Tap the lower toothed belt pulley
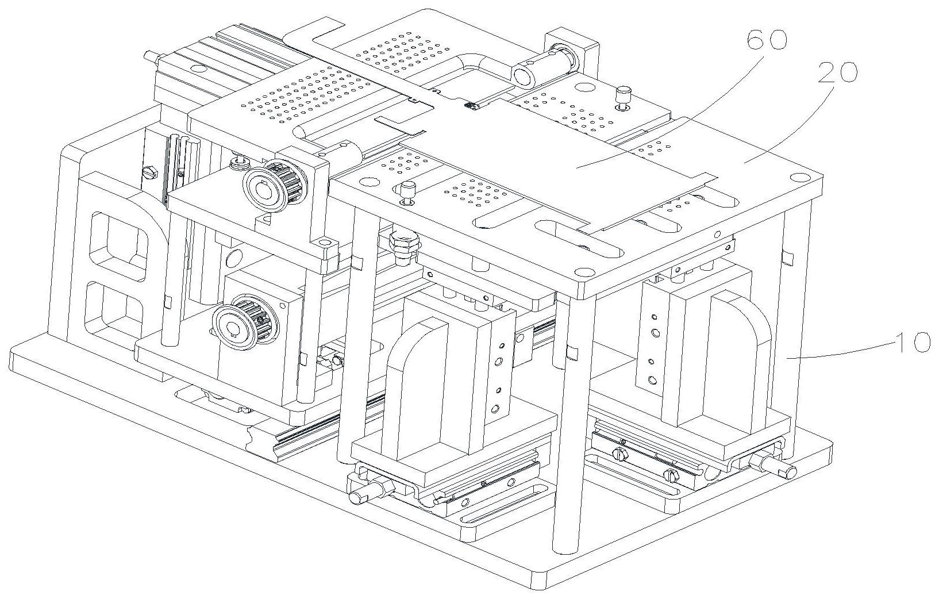[x=236, y=320]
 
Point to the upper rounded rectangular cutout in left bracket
[x=120, y=246]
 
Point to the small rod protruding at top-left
[x=151, y=55]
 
